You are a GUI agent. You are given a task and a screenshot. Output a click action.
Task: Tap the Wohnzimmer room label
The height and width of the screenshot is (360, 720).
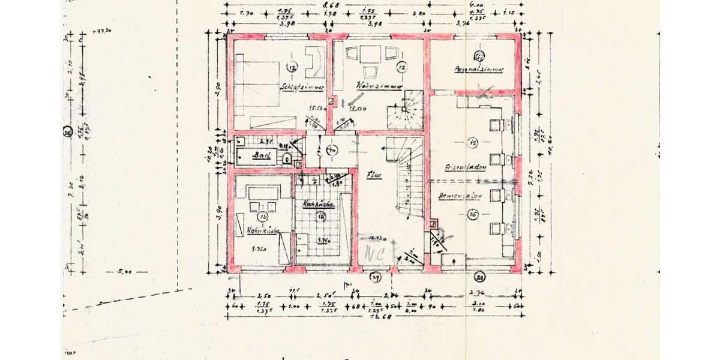coord(378,86)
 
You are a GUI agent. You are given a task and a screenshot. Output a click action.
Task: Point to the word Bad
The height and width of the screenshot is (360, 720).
coord(261,155)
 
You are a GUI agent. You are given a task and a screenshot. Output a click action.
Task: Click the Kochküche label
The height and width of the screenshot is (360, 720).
coord(319,203)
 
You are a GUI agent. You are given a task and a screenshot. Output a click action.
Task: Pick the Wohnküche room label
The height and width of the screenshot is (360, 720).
coord(262,230)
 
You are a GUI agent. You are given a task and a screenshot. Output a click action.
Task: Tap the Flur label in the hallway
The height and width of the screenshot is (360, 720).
coord(374,175)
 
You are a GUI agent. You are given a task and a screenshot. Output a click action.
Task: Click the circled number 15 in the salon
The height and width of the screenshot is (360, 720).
coord(473,143)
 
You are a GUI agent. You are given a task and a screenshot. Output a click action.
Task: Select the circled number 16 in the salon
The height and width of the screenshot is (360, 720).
coord(473,213)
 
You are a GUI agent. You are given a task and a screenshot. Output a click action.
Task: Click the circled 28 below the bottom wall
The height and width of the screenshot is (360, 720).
coord(479,277)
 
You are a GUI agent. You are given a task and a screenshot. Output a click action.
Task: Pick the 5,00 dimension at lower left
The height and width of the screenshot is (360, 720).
coord(124,272)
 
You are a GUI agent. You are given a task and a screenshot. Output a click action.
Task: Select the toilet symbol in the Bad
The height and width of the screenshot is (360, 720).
coord(288,158)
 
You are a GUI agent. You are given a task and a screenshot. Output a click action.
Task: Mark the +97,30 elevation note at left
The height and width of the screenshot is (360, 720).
coord(104,31)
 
